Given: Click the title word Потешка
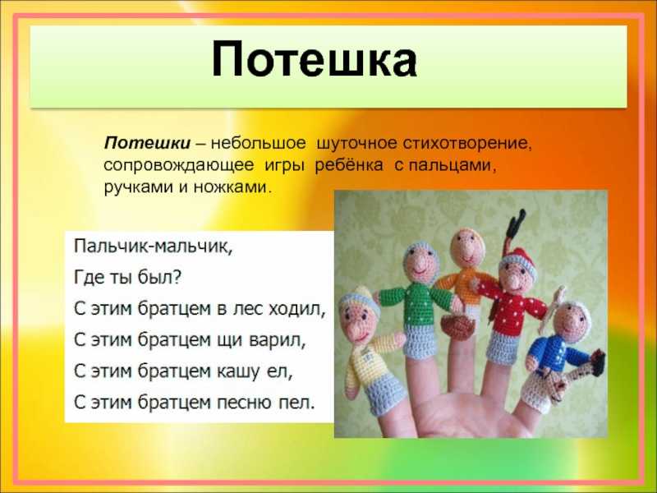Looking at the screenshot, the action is click(315, 59).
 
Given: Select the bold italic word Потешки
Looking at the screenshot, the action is click(147, 143).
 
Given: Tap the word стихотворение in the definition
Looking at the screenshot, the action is click(467, 143).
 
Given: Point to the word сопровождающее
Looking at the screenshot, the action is click(178, 166).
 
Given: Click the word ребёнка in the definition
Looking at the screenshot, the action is click(348, 164).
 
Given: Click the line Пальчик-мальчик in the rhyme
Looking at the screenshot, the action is click(153, 246).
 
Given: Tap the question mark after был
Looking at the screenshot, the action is click(177, 277).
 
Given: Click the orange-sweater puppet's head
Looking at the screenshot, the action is click(467, 248).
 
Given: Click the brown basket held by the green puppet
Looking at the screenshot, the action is click(459, 325).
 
